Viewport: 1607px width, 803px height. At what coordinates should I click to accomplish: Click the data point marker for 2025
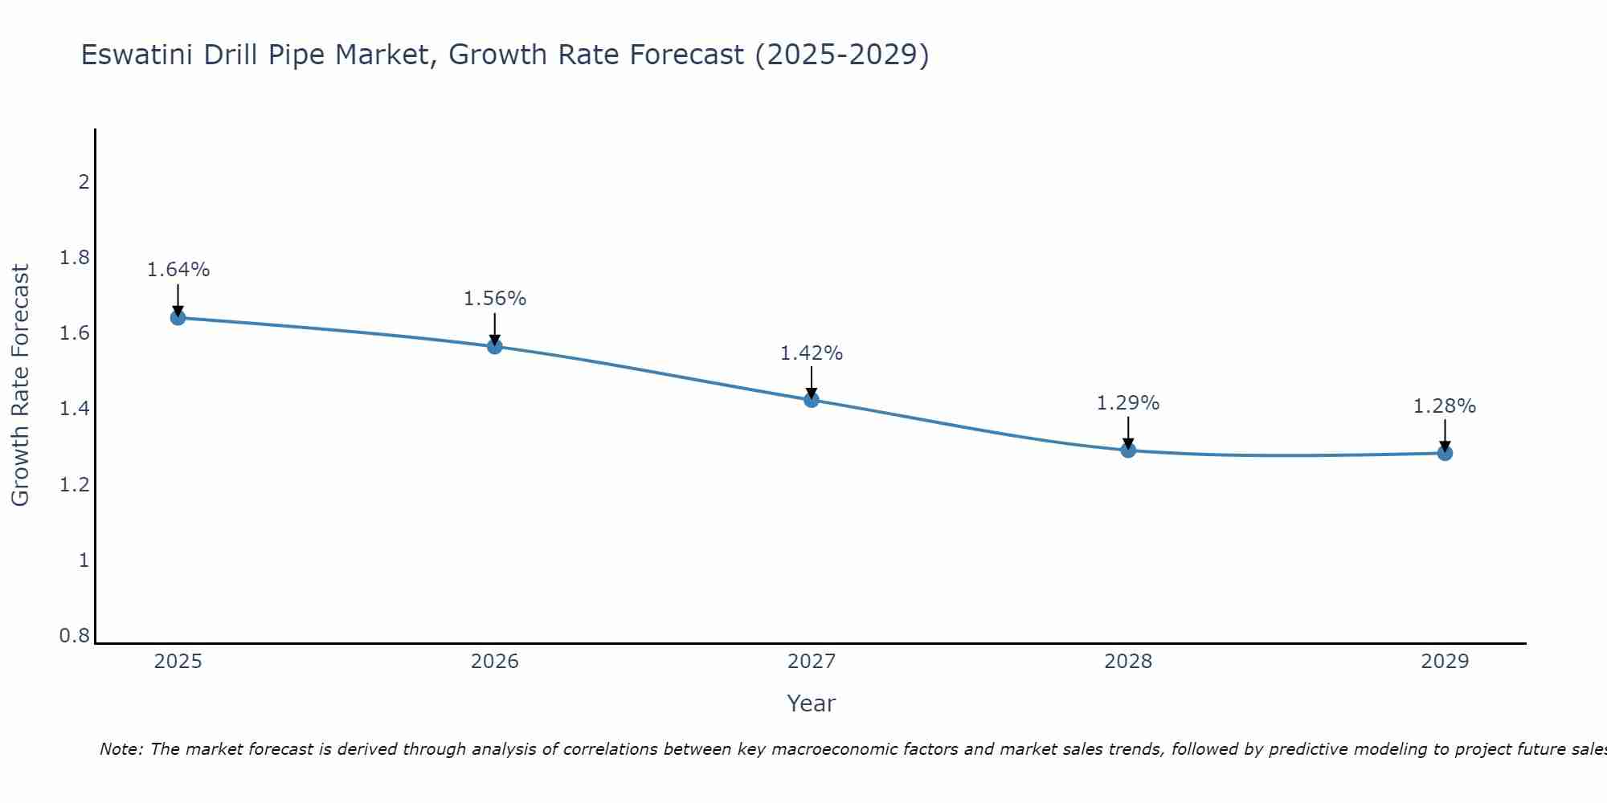(178, 318)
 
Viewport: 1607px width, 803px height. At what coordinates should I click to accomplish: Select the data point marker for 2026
(495, 346)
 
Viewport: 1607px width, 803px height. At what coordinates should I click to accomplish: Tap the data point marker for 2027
(812, 400)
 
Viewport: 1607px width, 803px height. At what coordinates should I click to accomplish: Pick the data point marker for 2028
(1128, 450)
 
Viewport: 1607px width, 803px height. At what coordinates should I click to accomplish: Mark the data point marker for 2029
(1445, 453)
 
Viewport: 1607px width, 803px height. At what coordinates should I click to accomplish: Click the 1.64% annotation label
(178, 270)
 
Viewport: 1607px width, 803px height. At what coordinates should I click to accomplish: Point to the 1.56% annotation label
(495, 299)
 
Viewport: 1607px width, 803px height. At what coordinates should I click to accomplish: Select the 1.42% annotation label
(812, 353)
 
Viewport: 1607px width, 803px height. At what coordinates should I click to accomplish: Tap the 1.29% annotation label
(1128, 403)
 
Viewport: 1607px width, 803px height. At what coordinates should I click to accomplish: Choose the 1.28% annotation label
(1445, 406)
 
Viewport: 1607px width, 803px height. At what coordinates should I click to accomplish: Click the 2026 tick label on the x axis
(495, 662)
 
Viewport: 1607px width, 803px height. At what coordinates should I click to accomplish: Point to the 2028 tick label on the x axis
(1128, 662)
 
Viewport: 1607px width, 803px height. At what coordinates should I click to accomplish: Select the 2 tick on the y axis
(84, 182)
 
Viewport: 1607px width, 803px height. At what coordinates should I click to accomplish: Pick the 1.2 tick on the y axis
(75, 485)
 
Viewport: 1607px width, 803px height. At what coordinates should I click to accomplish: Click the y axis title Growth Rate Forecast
(21, 385)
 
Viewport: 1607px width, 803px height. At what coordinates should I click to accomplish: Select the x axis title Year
(812, 703)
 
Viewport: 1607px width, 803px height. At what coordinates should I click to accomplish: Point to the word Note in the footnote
(121, 749)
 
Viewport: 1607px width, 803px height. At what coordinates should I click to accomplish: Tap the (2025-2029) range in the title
(842, 55)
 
